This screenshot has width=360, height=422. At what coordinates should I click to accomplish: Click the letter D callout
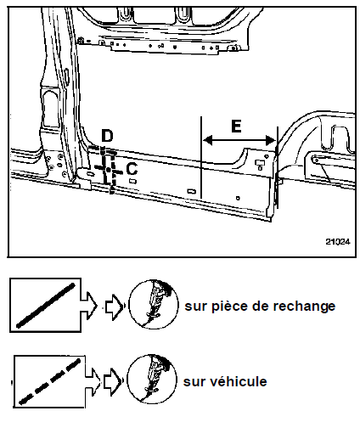(x=107, y=136)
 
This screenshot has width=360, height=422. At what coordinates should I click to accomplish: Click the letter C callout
(x=132, y=169)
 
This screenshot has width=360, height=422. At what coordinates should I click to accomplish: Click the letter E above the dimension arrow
(x=236, y=126)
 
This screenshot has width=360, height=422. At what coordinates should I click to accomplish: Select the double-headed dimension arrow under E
(x=239, y=140)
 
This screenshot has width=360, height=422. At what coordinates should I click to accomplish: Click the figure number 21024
(x=338, y=241)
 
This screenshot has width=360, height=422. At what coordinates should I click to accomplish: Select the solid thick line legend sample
(x=46, y=306)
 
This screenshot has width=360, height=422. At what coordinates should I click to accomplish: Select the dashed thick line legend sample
(x=49, y=381)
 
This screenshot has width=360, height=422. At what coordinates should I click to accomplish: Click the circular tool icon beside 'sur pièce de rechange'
(x=154, y=304)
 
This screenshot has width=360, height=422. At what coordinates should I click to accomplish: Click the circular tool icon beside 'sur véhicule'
(x=152, y=379)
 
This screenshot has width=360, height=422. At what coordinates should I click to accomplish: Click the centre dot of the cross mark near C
(x=109, y=170)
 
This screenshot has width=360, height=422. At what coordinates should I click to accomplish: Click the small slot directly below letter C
(x=132, y=181)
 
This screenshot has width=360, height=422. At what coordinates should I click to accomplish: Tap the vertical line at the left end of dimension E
(x=201, y=157)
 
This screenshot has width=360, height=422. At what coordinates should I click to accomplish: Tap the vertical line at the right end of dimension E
(x=277, y=167)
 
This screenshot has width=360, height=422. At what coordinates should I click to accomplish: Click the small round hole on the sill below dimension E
(x=238, y=198)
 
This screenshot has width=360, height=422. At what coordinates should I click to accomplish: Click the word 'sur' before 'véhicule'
(x=194, y=382)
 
